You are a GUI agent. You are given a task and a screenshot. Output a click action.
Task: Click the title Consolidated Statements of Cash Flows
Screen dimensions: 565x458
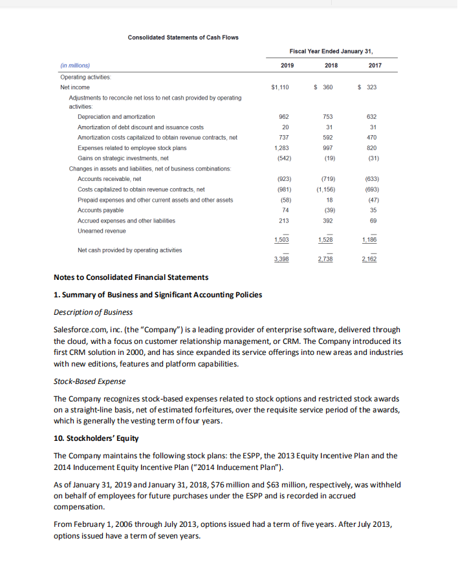[x=182, y=37]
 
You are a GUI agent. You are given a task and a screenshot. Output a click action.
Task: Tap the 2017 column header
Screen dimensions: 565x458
[x=375, y=65]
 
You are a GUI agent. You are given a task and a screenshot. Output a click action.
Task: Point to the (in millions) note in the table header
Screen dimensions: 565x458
[x=75, y=65]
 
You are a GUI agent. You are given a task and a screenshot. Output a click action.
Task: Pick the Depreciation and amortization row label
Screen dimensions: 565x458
[x=116, y=116]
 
